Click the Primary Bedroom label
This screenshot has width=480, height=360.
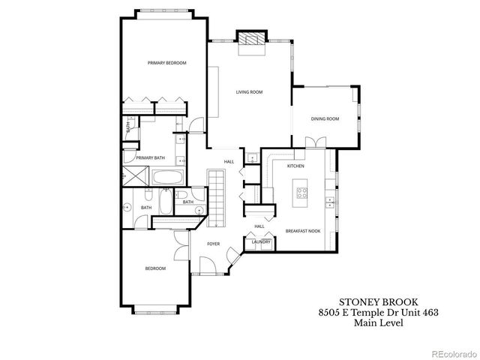166,63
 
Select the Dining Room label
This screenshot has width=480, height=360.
325,118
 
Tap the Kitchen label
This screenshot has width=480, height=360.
295,166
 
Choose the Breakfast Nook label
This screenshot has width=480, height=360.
304,231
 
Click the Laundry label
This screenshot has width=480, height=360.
261,241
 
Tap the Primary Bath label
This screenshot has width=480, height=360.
151,157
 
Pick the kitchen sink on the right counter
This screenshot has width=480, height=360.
328,201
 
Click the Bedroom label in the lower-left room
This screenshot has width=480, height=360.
155,268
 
